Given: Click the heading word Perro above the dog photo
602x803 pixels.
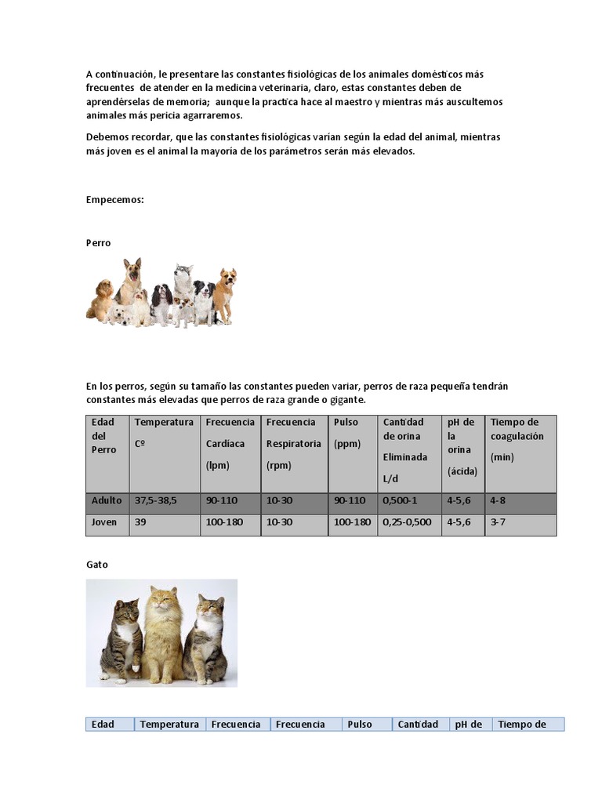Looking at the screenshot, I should pyautogui.click(x=99, y=243).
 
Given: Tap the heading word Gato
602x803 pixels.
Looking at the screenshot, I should pyautogui.click(x=97, y=565).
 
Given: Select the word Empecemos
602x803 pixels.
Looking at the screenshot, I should pyautogui.click(x=114, y=200).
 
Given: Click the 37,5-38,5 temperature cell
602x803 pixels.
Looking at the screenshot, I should pyautogui.click(x=156, y=500).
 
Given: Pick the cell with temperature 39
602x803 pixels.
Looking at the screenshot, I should pyautogui.click(x=141, y=522).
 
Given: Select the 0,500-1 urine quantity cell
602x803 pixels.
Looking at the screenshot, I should pyautogui.click(x=400, y=500).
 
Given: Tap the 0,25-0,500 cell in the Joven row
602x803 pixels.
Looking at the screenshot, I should pyautogui.click(x=407, y=522).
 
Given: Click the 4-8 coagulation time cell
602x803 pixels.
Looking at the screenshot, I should pyautogui.click(x=499, y=500).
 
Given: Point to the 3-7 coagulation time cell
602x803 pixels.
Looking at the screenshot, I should pyautogui.click(x=499, y=522).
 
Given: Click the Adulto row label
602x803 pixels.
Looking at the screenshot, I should pyautogui.click(x=107, y=500).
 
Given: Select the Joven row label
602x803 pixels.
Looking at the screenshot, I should pyautogui.click(x=104, y=522).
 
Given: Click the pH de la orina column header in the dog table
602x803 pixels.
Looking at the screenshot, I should pyautogui.click(x=461, y=447).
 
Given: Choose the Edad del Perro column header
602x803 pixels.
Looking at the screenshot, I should pyautogui.click(x=104, y=436).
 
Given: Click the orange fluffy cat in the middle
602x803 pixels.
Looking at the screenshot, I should pyautogui.click(x=162, y=635).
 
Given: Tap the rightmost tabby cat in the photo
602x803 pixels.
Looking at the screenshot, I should pyautogui.click(x=205, y=639).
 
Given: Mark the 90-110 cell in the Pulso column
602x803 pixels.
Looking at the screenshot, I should pyautogui.click(x=350, y=500).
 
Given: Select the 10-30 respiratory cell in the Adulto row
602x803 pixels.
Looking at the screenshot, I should pyautogui.click(x=279, y=500).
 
